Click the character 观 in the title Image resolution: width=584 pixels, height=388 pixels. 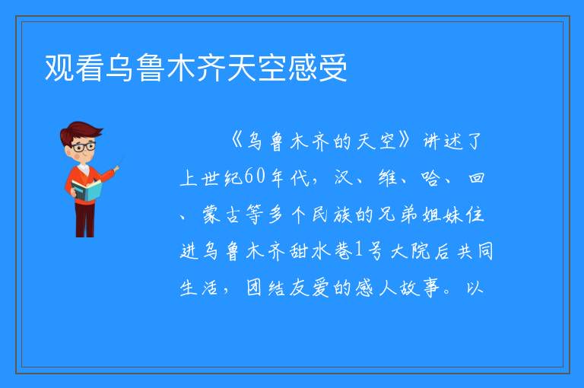click(x=59, y=68)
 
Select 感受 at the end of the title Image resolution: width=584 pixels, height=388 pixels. click(x=317, y=68)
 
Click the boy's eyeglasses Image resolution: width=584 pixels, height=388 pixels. click(x=84, y=147)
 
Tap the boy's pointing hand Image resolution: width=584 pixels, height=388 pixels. click(x=116, y=169)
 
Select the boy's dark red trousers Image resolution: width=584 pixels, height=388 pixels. click(x=85, y=220)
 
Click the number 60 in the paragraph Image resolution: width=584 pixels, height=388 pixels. click(x=255, y=177)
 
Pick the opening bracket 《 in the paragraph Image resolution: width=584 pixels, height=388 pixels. click(x=237, y=141)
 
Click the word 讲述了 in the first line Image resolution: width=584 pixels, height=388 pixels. click(x=452, y=142)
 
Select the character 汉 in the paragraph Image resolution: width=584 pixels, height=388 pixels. click(x=343, y=177)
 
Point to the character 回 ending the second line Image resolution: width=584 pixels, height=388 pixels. click(x=476, y=177)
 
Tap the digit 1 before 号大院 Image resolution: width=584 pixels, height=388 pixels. click(x=359, y=250)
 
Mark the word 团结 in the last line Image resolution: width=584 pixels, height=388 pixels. click(x=265, y=288)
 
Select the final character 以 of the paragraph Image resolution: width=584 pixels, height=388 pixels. click(x=474, y=288)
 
